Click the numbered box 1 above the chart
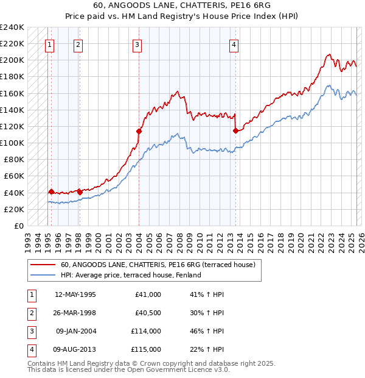click(49, 44)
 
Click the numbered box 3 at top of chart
click(137, 44)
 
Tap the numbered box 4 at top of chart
click(234, 44)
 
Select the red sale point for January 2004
click(139, 131)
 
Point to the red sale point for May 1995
click(51, 191)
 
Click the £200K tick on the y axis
click(12, 60)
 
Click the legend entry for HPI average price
click(131, 275)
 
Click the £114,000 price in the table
click(146, 331)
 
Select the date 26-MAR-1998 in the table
click(75, 313)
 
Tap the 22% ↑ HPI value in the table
click(207, 349)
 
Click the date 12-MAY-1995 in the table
click(75, 294)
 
